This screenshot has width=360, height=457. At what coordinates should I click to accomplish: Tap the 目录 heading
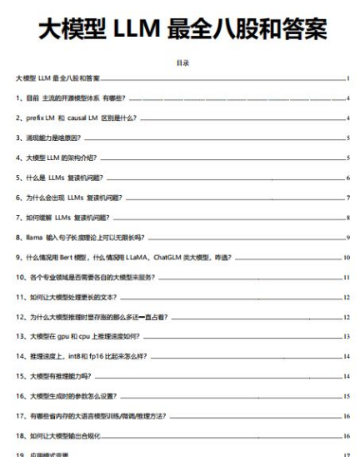pyautogui.click(x=180, y=63)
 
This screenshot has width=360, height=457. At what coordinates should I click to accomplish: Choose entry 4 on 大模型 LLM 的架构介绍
pyautogui.click(x=58, y=158)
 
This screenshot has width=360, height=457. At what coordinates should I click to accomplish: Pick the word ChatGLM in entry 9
pyautogui.click(x=185, y=259)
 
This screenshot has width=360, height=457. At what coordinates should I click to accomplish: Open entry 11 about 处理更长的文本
pyautogui.click(x=70, y=298)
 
